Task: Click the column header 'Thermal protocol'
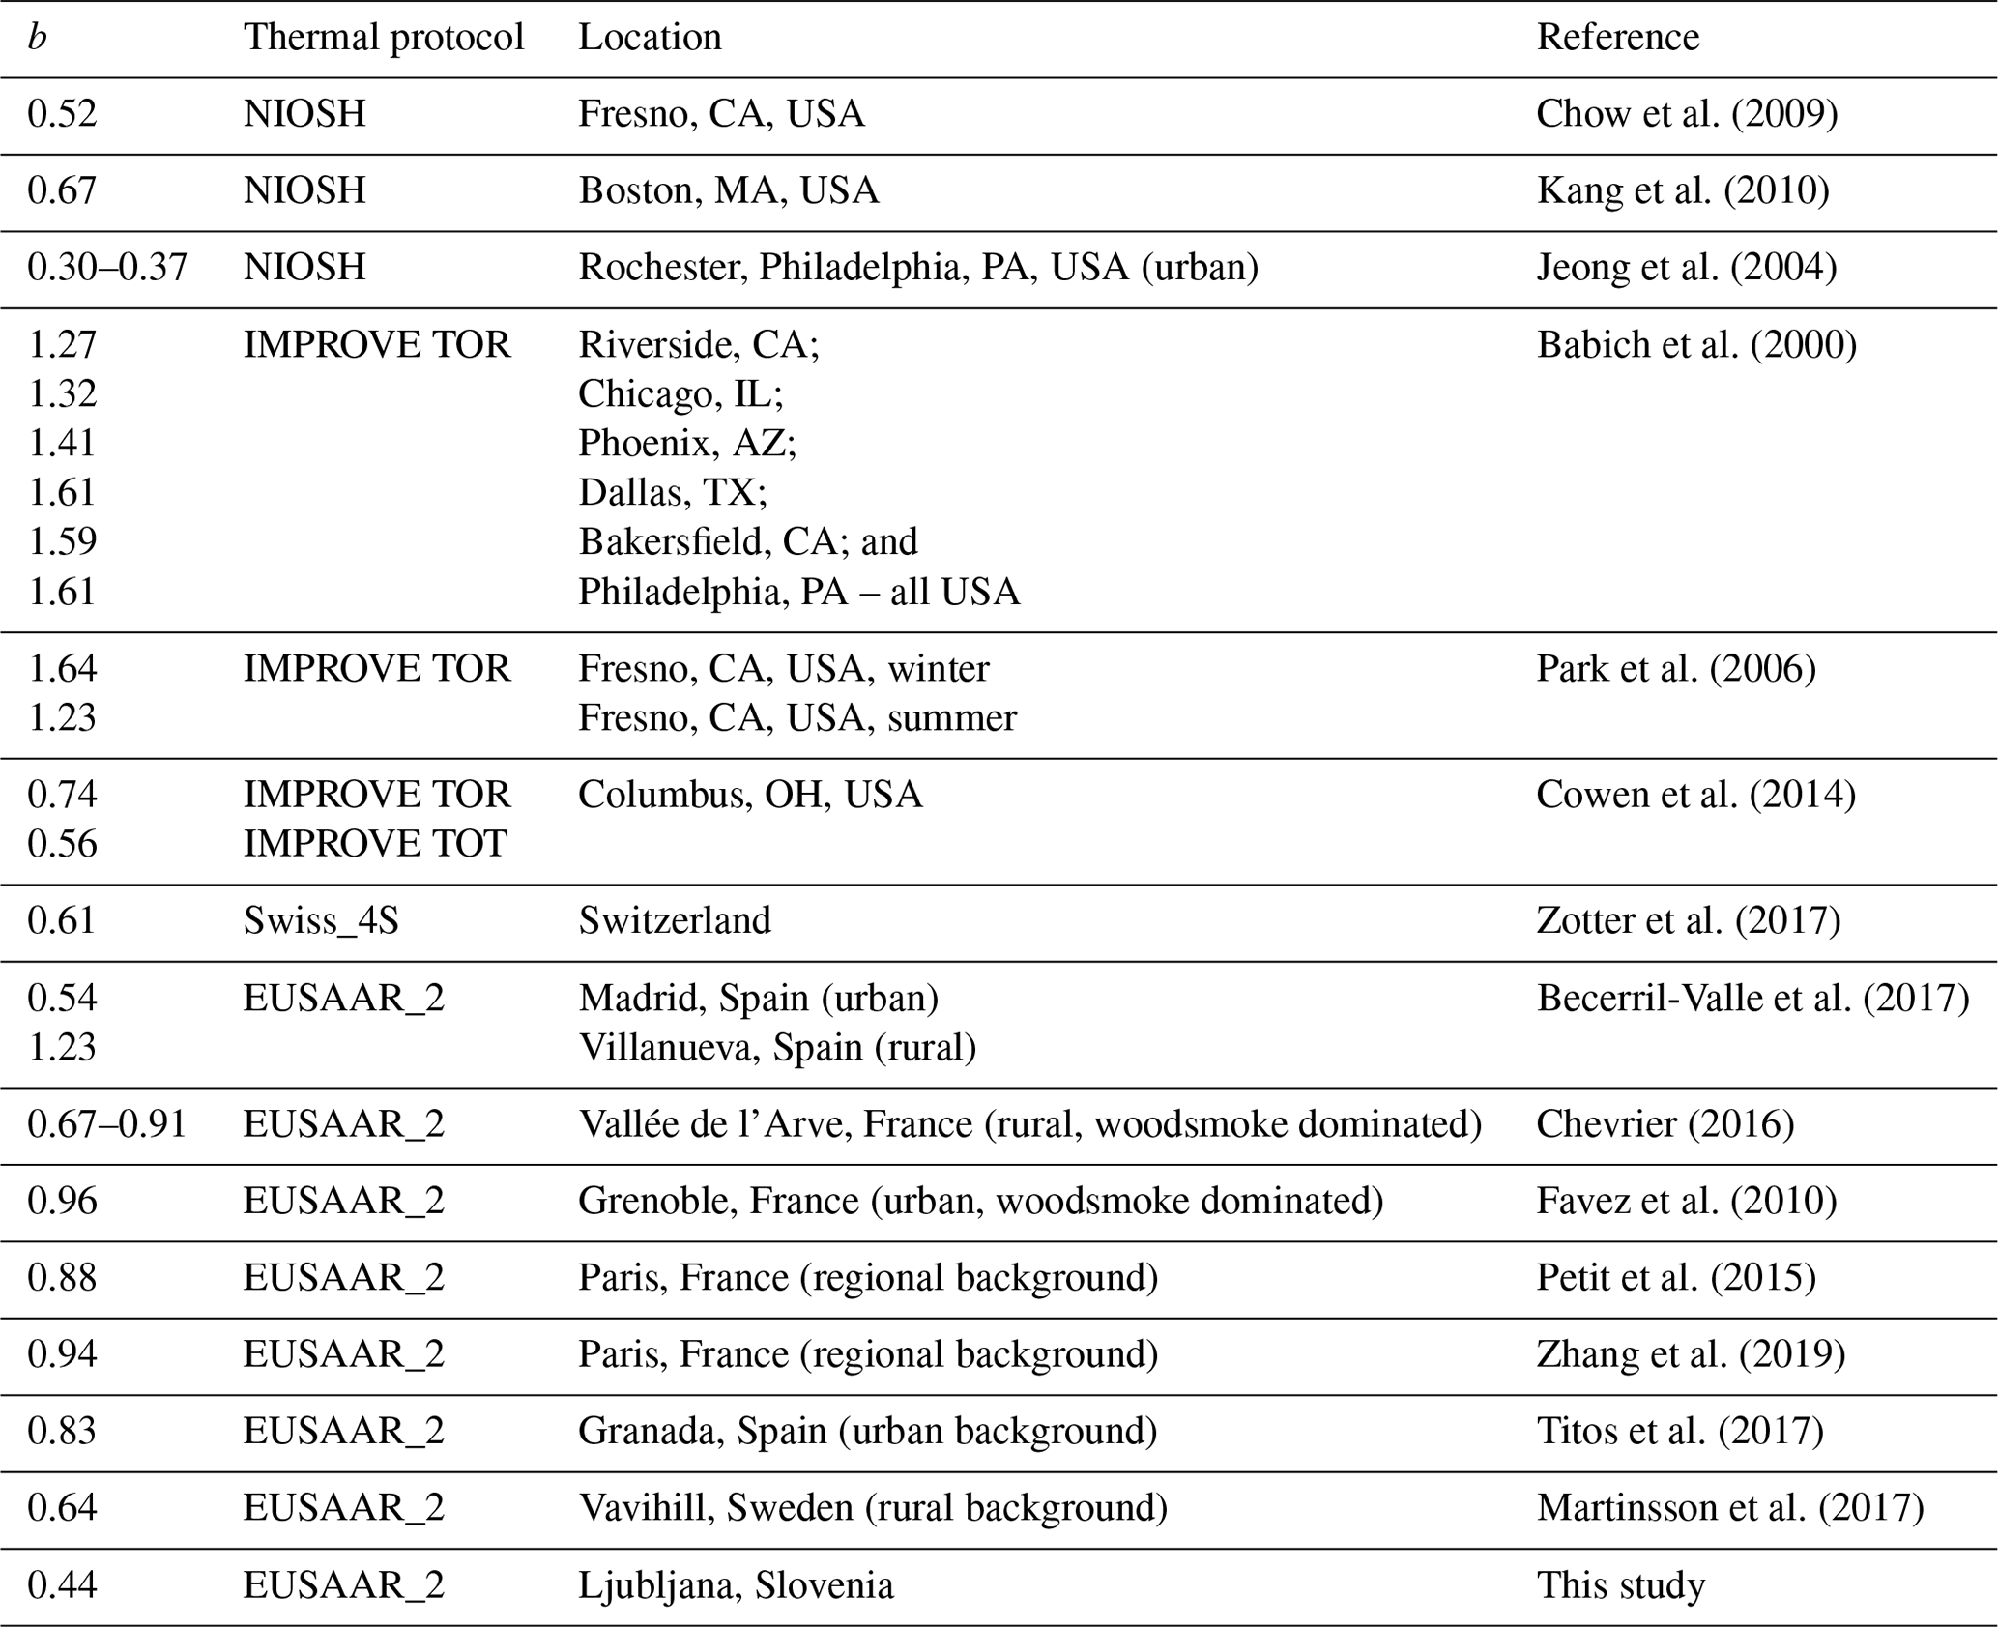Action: pos(383,38)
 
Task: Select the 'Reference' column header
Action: pos(1617,38)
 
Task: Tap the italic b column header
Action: pos(37,38)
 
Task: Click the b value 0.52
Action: pos(62,114)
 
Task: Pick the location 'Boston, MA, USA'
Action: pos(728,190)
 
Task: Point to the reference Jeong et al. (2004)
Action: pos(1686,267)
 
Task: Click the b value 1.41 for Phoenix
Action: pos(62,443)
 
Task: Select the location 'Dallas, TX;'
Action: pos(672,492)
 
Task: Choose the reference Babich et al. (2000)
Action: pos(1695,345)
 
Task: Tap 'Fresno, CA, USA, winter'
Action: pos(783,669)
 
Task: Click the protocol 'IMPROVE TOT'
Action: pos(374,844)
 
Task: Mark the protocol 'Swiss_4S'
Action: pos(321,920)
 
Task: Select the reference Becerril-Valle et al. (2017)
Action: pos(1752,998)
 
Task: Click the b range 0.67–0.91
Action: pos(106,1124)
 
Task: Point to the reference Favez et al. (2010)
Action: pos(1686,1201)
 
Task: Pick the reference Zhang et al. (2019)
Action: pos(1691,1354)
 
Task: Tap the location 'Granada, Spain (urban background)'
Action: pos(867,1431)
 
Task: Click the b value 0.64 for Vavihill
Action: pos(62,1508)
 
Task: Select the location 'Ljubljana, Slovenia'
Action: pos(736,1585)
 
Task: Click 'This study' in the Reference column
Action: pos(1620,1585)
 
